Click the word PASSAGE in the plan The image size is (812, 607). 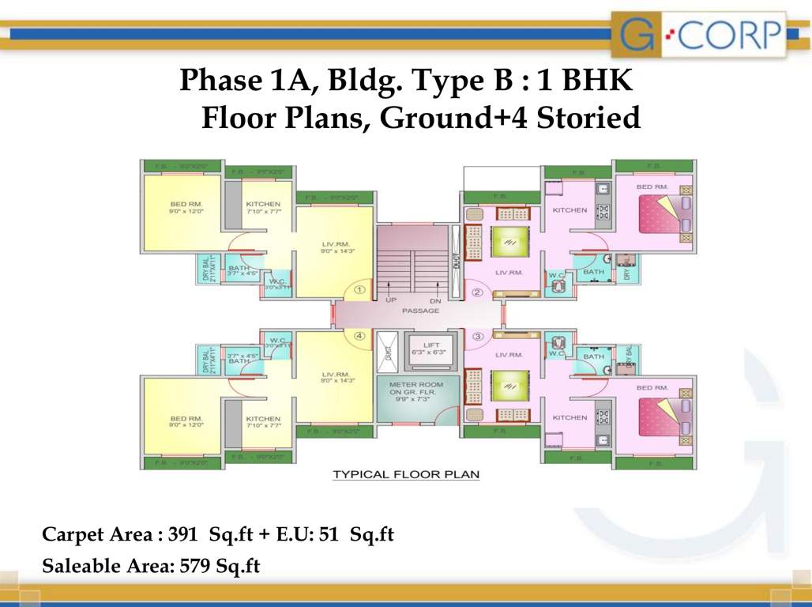pyautogui.click(x=420, y=311)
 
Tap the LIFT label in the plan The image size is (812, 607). pyautogui.click(x=430, y=345)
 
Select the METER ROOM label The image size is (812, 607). pyautogui.click(x=416, y=384)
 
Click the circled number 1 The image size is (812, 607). pyautogui.click(x=359, y=290)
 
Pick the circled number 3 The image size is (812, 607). pyautogui.click(x=477, y=336)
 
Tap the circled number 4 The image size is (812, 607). pyautogui.click(x=359, y=334)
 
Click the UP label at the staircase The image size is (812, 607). pyautogui.click(x=391, y=300)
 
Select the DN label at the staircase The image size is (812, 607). pyautogui.click(x=434, y=300)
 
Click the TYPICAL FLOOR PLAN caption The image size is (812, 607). pyautogui.click(x=406, y=474)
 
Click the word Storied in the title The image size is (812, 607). pyautogui.click(x=588, y=118)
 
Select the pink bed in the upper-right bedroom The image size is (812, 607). pyautogui.click(x=659, y=213)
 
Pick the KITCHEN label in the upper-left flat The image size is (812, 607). pyautogui.click(x=263, y=204)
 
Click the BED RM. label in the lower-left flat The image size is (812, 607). pyautogui.click(x=186, y=418)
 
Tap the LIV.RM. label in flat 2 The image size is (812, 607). pyautogui.click(x=509, y=272)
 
